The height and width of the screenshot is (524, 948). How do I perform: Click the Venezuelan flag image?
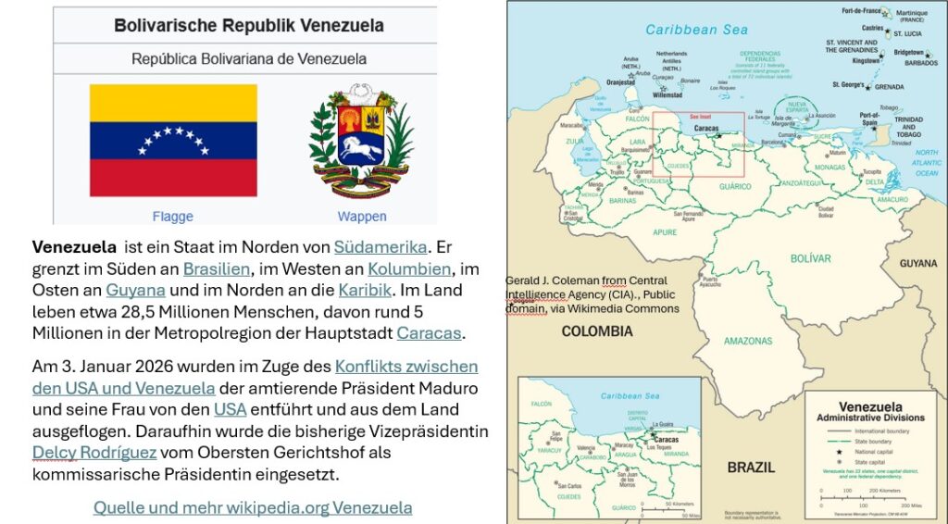coord(173,140)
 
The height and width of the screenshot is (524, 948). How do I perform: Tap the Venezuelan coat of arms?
coord(361,140)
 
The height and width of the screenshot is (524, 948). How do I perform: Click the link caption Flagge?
coord(173,217)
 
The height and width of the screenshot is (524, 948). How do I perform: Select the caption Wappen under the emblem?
coord(362,217)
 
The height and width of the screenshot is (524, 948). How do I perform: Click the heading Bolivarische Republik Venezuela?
coord(244,25)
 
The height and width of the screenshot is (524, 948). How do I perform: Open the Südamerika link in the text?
coord(380,247)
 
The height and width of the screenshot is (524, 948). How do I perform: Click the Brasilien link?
coord(216,268)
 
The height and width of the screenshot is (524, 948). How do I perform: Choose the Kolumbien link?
coord(409,268)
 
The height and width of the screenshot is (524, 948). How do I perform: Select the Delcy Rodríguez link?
coord(94,453)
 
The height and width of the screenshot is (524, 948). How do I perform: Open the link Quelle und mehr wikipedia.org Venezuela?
coord(253,507)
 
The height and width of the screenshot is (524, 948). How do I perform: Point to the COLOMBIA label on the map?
coord(596,331)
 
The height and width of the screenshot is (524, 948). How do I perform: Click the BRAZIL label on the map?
coord(750,467)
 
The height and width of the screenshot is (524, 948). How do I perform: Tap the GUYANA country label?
coord(918,264)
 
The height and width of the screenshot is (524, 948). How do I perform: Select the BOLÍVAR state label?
coord(810,258)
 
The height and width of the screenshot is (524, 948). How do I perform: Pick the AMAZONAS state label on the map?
coord(747,341)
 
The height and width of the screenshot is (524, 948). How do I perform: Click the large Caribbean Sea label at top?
coord(696,30)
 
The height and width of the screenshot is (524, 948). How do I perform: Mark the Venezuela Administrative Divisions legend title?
coord(869,412)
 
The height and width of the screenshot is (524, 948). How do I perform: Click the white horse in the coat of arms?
coord(362,147)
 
